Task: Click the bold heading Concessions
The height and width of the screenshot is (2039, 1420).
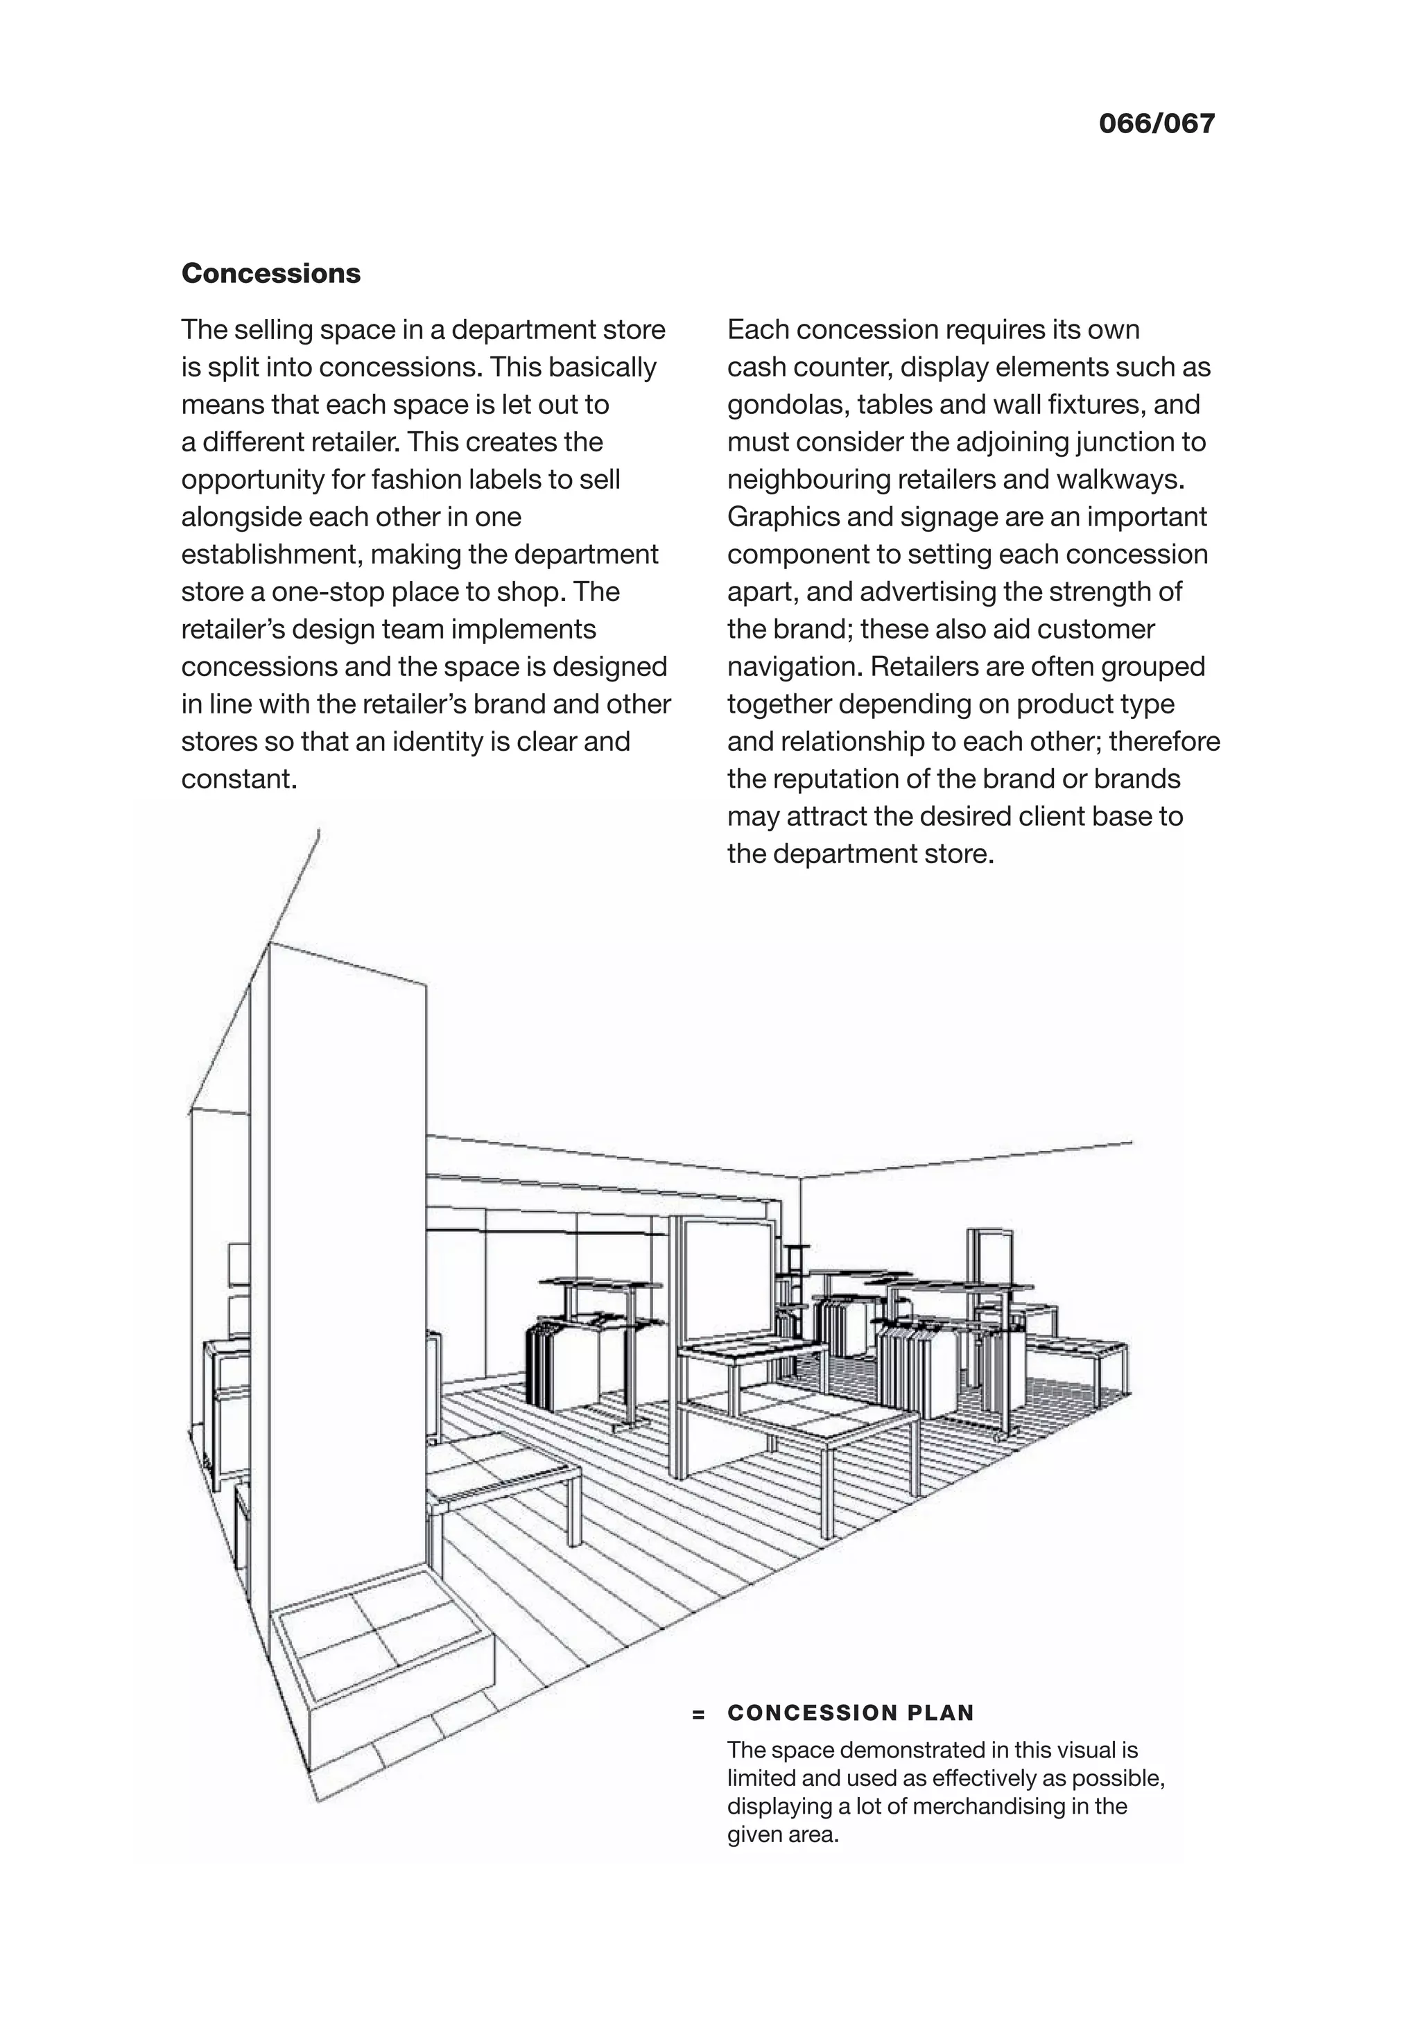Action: click(x=271, y=274)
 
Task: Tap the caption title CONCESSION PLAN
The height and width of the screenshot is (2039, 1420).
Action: click(x=850, y=1713)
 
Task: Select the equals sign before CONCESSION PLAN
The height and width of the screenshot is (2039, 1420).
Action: click(x=699, y=1715)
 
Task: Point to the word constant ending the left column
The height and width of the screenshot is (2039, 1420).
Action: click(x=236, y=780)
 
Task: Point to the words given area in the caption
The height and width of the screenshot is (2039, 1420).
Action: click(x=781, y=1834)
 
